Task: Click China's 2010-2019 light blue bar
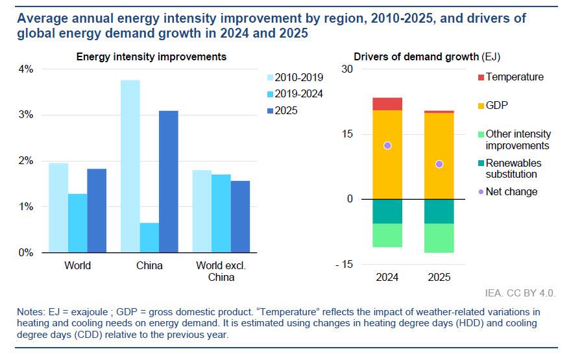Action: [130, 166]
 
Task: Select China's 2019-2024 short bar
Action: [149, 237]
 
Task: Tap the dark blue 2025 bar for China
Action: [168, 182]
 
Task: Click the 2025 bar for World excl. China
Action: [240, 217]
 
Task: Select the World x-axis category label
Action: [77, 266]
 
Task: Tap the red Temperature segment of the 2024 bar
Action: [387, 104]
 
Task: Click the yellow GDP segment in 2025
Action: [439, 156]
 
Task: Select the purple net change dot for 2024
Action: [387, 145]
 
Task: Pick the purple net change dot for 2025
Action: [439, 164]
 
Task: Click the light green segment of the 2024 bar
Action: [387, 235]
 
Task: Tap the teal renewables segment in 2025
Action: [439, 211]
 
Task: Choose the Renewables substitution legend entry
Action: [513, 169]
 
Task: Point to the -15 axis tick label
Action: [343, 264]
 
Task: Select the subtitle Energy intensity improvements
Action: [151, 56]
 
